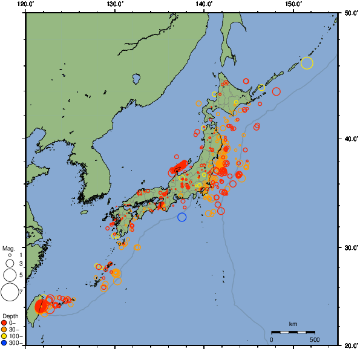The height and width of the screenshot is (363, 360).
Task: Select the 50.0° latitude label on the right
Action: tap(350, 13)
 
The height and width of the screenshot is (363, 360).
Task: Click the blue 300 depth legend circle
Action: tap(4, 343)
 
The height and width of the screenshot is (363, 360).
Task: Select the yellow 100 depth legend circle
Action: tap(4, 336)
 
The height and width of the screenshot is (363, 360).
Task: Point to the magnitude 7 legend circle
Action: tap(9, 292)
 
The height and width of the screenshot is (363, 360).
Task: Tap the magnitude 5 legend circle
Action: tap(9, 275)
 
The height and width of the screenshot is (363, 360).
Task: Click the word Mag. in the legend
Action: tap(8, 248)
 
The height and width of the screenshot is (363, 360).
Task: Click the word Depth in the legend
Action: tap(10, 316)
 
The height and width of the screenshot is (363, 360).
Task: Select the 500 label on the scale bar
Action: tap(315, 340)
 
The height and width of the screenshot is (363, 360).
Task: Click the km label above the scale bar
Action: tap(293, 324)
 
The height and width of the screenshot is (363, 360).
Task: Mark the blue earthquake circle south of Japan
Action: tap(182, 217)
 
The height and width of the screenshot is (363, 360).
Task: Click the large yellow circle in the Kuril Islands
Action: tap(307, 63)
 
